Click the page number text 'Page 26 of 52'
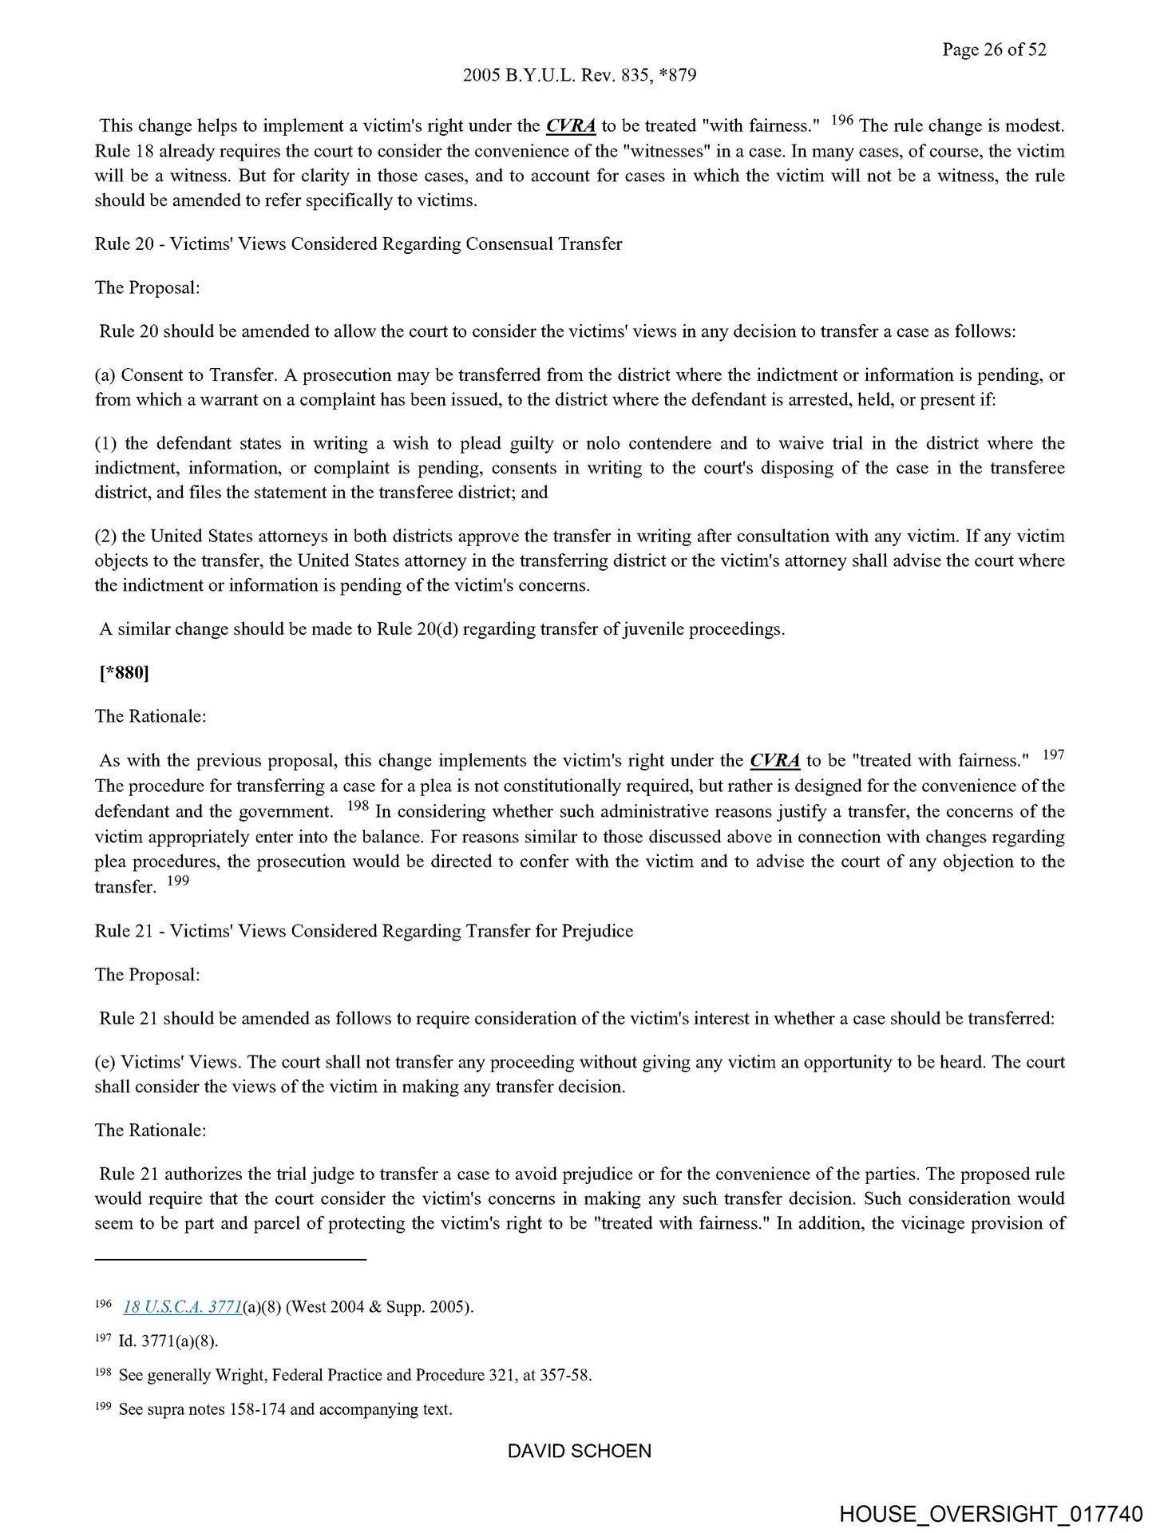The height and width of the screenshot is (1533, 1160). [x=993, y=50]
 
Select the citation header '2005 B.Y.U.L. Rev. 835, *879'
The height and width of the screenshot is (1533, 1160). [x=580, y=76]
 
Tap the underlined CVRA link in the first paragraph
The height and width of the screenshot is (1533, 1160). [x=570, y=126]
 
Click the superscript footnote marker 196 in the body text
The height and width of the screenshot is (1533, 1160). [x=842, y=121]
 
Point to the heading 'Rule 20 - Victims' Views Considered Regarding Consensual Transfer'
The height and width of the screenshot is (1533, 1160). [x=358, y=244]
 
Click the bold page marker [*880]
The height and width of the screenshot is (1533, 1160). [x=124, y=673]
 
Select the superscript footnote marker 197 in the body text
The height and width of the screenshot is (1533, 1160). [x=1054, y=755]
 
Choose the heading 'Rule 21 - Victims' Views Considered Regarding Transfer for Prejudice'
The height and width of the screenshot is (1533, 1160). [x=363, y=931]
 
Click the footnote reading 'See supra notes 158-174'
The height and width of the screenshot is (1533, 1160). [x=285, y=1410]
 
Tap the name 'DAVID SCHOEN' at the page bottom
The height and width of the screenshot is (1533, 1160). [x=580, y=1451]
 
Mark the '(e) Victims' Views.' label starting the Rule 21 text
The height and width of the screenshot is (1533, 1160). [x=165, y=1063]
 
